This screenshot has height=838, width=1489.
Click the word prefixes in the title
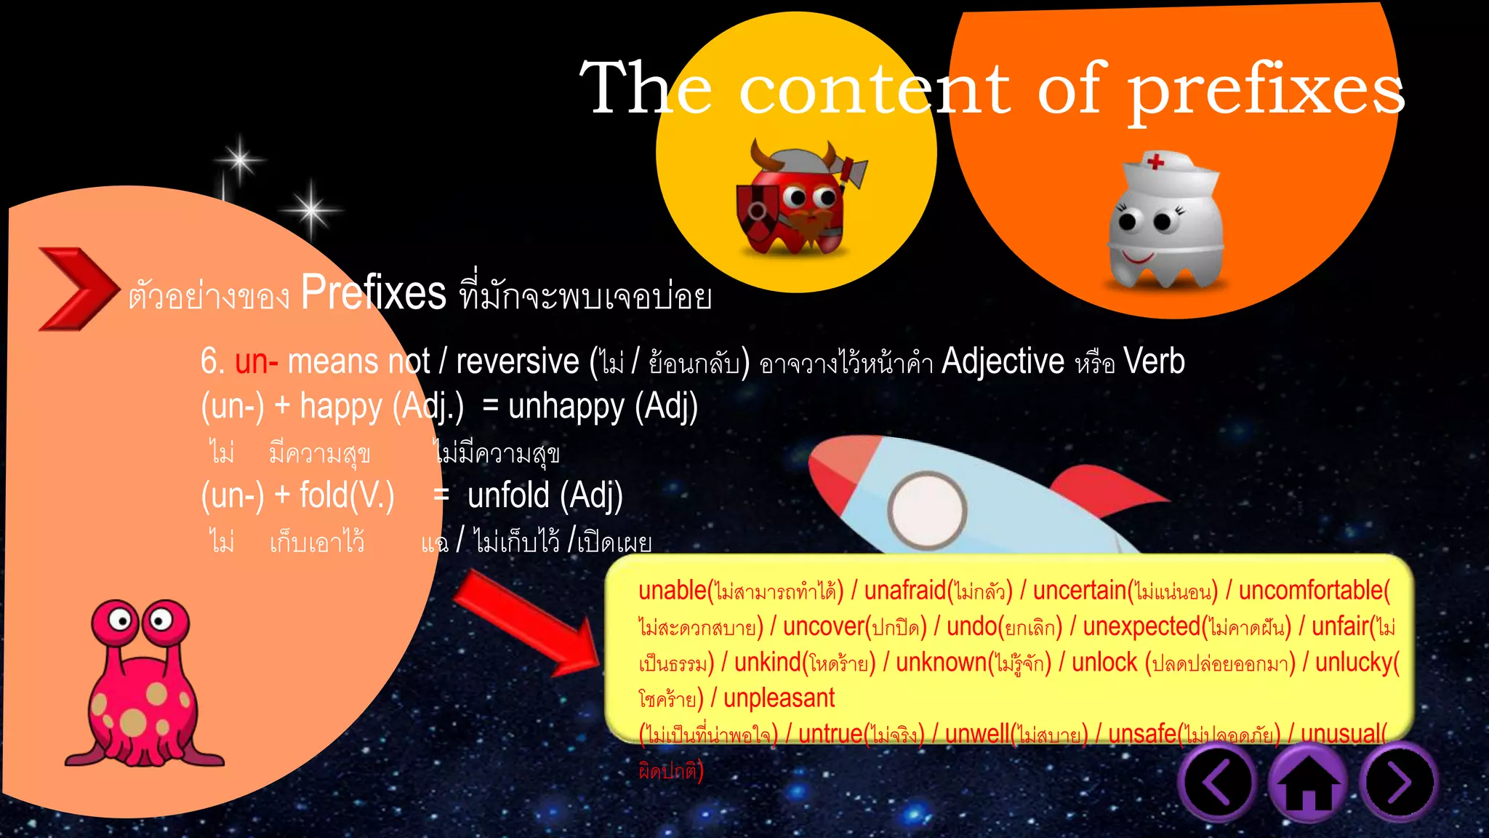pos(1265,91)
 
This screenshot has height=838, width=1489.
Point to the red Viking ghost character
pos(796,200)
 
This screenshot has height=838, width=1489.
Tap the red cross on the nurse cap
pos(1155,160)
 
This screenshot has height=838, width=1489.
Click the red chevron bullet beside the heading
pos(76,289)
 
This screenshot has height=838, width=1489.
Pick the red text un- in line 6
pos(257,362)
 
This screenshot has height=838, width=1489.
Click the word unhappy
pos(566,406)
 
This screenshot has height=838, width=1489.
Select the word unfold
pos(508,495)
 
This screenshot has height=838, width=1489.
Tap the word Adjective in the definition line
pos(1003,362)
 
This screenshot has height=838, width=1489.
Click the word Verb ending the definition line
pos(1154,362)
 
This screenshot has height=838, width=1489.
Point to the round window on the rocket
pos(927,510)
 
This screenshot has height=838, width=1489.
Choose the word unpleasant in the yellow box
pos(779,698)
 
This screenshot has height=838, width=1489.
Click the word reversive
pos(517,362)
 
